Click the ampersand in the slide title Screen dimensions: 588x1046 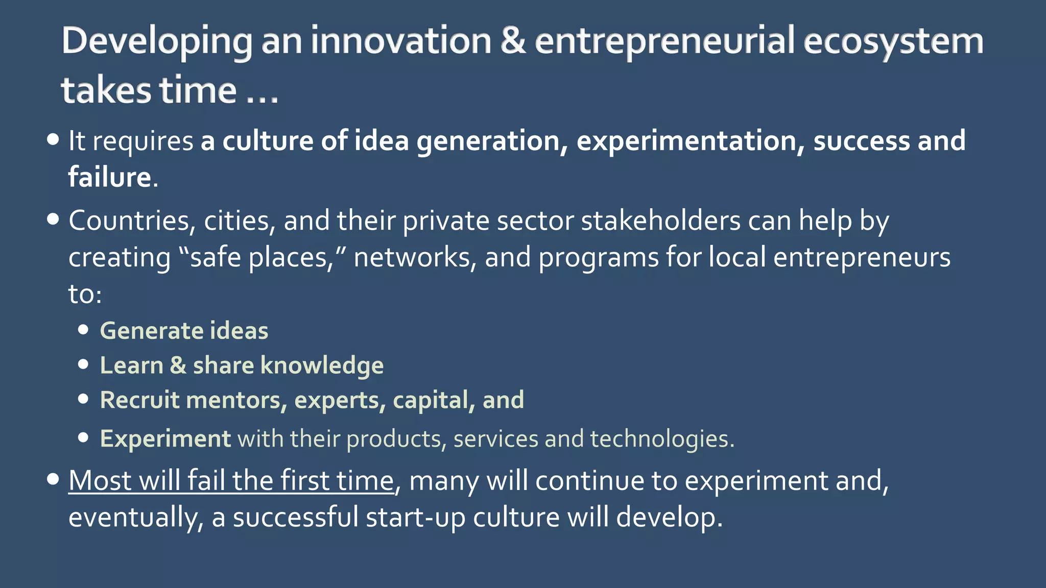513,41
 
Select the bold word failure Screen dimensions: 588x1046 110,177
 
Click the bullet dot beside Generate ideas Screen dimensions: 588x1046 84,330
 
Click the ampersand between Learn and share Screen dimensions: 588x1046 178,365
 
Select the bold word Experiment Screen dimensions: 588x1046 165,439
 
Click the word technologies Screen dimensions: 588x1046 662,439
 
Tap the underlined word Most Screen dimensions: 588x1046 100,481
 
